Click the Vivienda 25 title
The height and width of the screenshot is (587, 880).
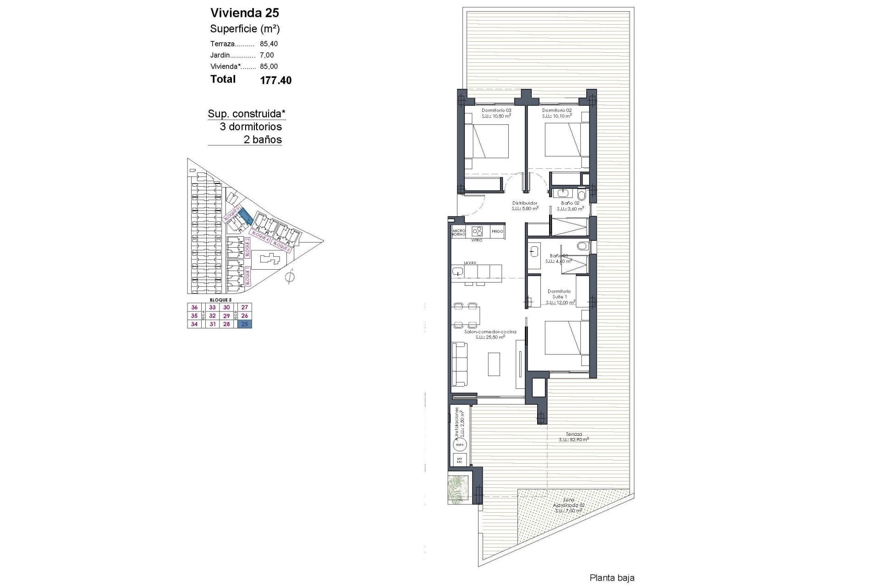coord(244,13)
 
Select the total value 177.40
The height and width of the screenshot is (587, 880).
coord(275,81)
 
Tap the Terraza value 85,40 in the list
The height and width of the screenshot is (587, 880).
coord(269,44)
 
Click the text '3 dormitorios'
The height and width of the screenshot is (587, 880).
coord(251,127)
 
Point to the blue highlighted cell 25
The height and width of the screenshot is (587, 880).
coord(245,324)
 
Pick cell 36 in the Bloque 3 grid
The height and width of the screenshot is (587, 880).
coord(194,308)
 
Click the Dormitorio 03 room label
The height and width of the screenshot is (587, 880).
coord(496,111)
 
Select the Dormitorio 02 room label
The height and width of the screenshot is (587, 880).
coord(556,111)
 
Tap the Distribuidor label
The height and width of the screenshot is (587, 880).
coord(524,203)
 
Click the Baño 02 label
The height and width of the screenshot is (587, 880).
coord(570,203)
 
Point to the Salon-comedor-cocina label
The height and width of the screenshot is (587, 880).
coord(490,332)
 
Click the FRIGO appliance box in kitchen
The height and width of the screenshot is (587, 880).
coord(497,232)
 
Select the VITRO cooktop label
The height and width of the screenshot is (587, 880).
coord(477,240)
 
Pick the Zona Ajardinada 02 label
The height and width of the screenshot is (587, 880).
coord(568,505)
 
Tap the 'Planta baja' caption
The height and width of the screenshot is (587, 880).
coord(612,578)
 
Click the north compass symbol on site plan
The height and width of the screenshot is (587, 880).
coord(289,277)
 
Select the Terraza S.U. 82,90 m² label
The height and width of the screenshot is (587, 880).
coord(574,437)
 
